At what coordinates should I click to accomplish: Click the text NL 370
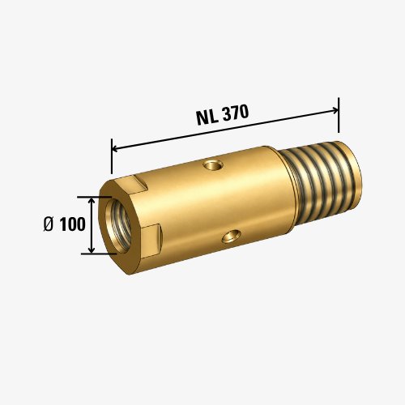(x=222, y=115)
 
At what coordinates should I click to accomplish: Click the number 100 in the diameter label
(x=72, y=224)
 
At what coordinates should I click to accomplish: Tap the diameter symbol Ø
(x=49, y=224)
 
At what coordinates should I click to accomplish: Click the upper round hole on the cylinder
(x=213, y=164)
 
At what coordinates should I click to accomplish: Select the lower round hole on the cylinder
(x=232, y=237)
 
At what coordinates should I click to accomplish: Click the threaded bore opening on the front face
(x=118, y=224)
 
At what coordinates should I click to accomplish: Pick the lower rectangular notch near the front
(x=151, y=241)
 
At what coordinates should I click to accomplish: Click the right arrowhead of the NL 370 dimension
(x=335, y=110)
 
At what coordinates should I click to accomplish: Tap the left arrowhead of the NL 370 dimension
(x=115, y=148)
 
